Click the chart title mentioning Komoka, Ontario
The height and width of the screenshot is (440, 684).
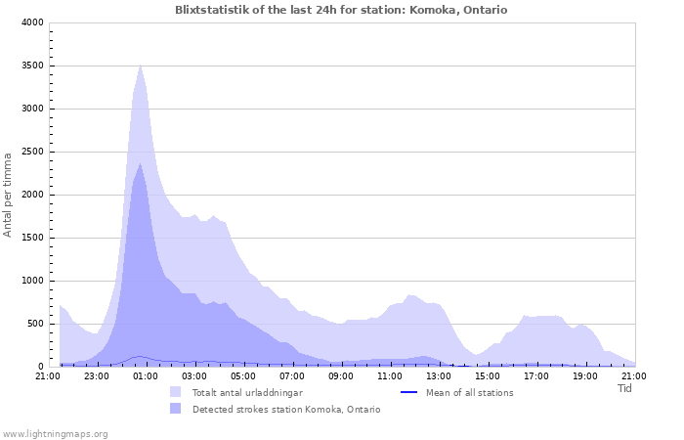click(341, 10)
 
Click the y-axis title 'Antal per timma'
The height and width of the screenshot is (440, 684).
click(8, 194)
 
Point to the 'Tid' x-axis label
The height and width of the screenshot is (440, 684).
click(625, 388)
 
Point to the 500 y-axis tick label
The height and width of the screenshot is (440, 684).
click(34, 324)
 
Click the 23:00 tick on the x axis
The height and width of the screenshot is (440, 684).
click(97, 375)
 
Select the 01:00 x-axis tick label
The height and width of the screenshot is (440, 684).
click(146, 375)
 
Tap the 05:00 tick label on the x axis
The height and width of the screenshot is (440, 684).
click(243, 375)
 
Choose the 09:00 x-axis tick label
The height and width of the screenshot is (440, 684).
click(341, 375)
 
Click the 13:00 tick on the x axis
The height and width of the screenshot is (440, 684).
click(439, 375)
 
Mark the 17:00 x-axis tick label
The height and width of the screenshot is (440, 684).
click(536, 375)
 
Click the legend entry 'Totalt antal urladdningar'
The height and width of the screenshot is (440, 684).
click(247, 392)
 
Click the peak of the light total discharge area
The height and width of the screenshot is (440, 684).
click(141, 66)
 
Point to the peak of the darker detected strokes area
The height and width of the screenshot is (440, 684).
click(141, 163)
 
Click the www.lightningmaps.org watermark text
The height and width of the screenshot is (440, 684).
click(56, 433)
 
